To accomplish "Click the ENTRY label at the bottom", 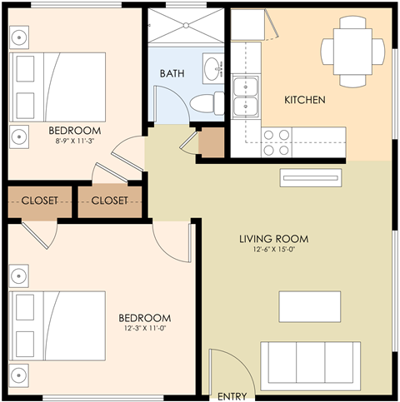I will pyautogui.click(x=232, y=396).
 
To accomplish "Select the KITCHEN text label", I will pyautogui.click(x=305, y=100).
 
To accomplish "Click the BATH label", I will pyautogui.click(x=172, y=72).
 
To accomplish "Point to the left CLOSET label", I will pyautogui.click(x=39, y=201).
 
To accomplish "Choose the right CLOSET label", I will pyautogui.click(x=110, y=201).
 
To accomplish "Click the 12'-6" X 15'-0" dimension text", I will pyautogui.click(x=267, y=251).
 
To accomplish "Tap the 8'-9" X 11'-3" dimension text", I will pyautogui.click(x=74, y=141).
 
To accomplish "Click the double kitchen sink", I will pyautogui.click(x=245, y=97).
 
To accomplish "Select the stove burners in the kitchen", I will pyautogui.click(x=277, y=136).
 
